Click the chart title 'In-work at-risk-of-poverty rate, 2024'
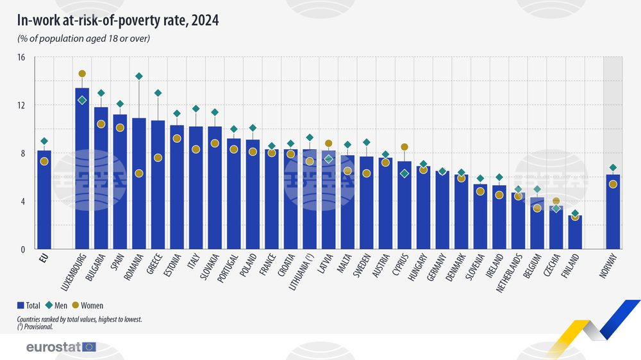click(x=118, y=20)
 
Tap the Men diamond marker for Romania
click(x=138, y=76)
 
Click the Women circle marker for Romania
click(x=138, y=174)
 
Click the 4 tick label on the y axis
click(x=22, y=201)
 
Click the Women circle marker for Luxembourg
click(x=82, y=74)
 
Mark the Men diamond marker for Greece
click(x=158, y=94)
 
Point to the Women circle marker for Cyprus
click(x=404, y=147)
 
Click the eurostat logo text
click(x=53, y=347)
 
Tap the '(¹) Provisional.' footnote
click(x=36, y=326)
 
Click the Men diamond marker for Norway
click(x=613, y=168)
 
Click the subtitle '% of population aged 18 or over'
click(x=83, y=39)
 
